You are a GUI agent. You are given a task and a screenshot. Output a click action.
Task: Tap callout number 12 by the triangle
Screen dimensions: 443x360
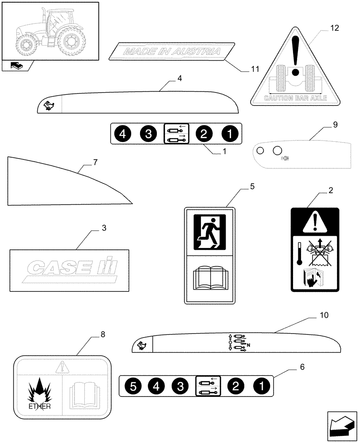click(x=334, y=28)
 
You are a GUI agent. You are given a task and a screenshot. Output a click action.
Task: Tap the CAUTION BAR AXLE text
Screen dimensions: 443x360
click(x=295, y=98)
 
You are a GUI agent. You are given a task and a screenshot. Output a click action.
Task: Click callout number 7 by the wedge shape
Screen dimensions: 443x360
click(x=95, y=163)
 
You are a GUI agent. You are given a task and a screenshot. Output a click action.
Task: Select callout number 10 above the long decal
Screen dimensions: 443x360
click(x=324, y=315)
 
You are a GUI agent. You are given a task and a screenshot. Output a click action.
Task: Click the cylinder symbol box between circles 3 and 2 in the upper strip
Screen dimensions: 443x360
click(x=176, y=134)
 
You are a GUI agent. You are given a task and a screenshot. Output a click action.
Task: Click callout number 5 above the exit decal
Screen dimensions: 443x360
click(x=252, y=187)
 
